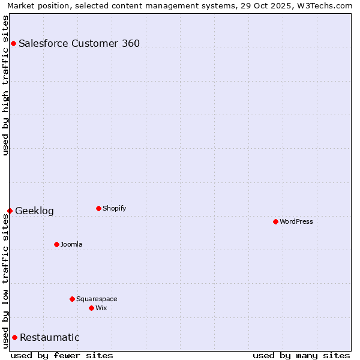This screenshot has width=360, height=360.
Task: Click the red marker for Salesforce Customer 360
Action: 13,43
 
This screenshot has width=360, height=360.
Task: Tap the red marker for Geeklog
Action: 10,211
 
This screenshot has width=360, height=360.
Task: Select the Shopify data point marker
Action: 98,208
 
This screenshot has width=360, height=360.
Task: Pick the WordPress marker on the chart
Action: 275,221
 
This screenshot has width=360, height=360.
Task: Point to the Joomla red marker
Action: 56,244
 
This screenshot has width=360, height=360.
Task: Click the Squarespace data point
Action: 72,299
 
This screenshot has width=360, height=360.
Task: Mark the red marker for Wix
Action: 91,308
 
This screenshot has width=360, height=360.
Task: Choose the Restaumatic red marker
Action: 14,337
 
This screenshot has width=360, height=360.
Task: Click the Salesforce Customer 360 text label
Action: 79,43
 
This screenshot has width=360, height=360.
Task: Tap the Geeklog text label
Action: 34,211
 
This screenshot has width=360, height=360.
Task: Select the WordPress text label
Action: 296,221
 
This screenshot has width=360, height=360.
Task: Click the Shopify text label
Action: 114,208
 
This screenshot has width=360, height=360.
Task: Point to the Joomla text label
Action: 71,244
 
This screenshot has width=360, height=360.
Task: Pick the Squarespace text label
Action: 97,299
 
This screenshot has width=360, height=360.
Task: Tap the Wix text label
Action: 101,308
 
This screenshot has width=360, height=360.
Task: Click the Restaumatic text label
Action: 49,337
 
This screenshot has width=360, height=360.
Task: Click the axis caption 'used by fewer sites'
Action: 62,355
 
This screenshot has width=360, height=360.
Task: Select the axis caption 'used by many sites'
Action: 301,355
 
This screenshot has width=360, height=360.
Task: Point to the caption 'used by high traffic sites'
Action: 5,85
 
